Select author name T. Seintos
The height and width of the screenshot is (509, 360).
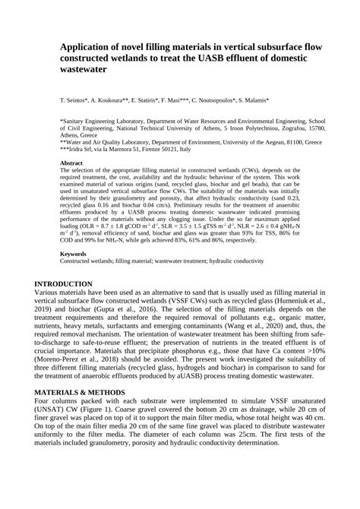click(76, 100)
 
